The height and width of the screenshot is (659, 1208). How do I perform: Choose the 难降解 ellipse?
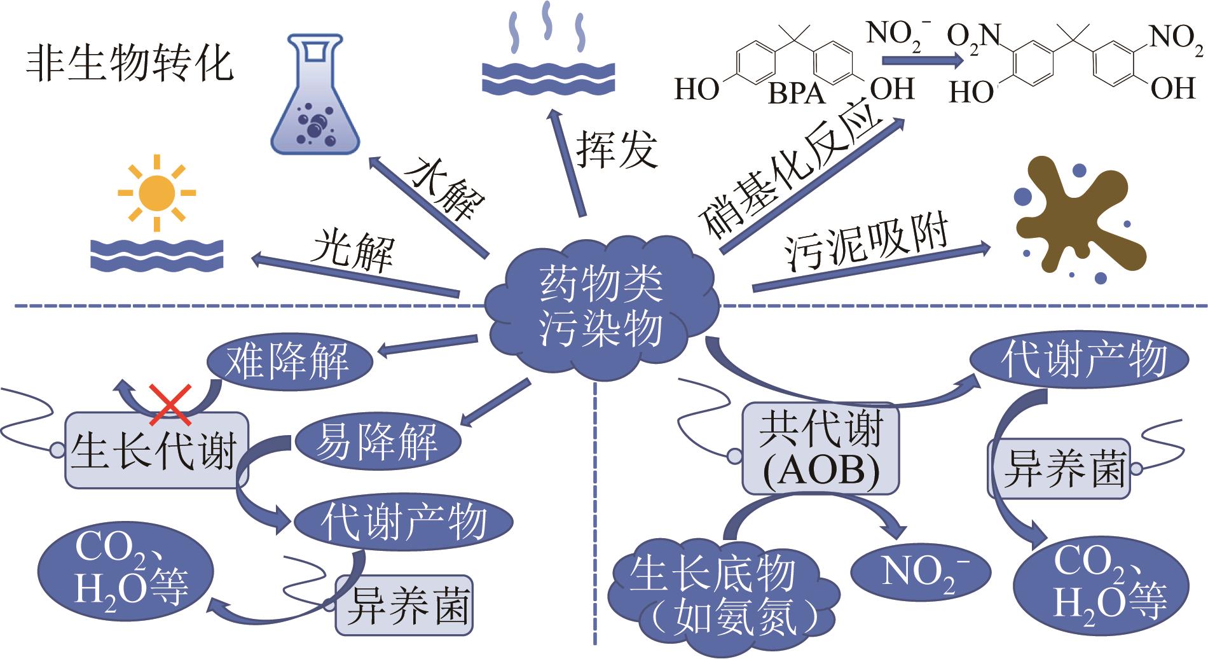point(290,361)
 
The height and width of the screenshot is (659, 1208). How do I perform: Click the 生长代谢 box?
point(155,450)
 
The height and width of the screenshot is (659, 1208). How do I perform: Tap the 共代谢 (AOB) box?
point(821,449)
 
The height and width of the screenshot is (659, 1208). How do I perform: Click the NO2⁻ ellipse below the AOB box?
point(920,571)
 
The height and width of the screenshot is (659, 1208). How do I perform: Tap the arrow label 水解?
point(445,188)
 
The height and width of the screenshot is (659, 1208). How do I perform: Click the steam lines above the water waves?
point(546,27)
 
